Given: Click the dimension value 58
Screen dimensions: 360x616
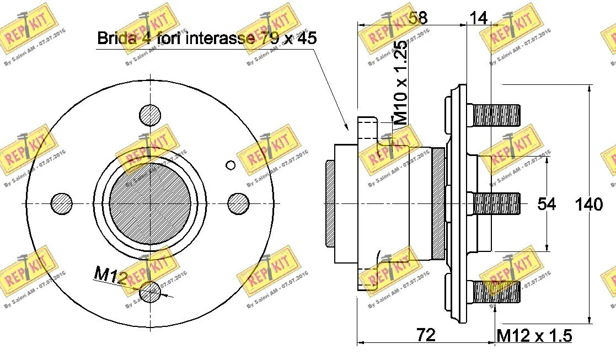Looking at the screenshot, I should point(419,18).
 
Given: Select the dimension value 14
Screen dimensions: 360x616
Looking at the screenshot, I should point(478,18).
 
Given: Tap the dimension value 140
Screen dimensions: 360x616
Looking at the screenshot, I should point(589,205).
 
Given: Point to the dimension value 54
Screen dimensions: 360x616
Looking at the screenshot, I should point(547,204).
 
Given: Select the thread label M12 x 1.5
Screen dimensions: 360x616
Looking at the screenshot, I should point(534,335).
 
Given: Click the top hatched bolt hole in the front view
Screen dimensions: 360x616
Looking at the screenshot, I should point(150,115).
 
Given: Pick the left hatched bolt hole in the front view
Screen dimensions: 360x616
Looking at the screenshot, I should point(62,203).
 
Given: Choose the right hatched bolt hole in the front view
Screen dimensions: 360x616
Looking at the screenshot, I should point(238,203).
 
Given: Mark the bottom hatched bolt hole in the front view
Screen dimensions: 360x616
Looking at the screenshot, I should point(150,291).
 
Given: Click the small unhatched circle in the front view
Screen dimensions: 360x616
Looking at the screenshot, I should point(231,165).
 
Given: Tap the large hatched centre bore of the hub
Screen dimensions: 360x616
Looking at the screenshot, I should point(150,203).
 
